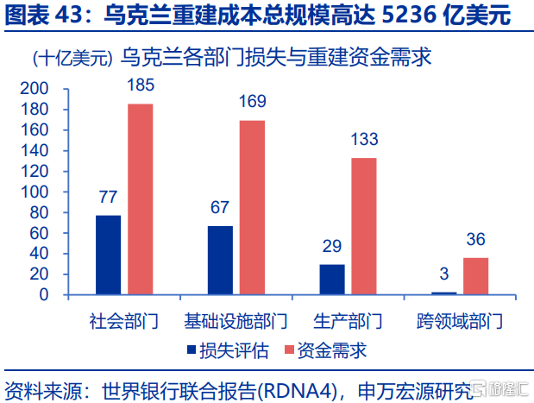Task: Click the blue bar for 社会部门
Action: pos(108,255)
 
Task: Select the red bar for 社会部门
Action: pos(141,199)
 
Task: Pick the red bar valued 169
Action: pos(252,207)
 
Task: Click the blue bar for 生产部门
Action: pos(332,279)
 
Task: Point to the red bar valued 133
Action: pos(364,226)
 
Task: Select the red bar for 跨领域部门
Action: pos(475,276)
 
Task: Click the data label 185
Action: pos(141,86)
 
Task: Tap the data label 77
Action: pos(108,198)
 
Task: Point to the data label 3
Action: pos(443,274)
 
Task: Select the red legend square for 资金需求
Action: pos(288,351)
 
